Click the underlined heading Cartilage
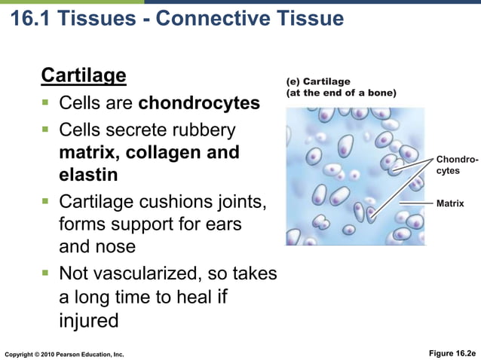coord(83,76)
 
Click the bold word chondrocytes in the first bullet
coord(200,102)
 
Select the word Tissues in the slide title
coord(105,17)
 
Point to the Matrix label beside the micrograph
coord(450,203)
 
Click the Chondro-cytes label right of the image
coord(456,166)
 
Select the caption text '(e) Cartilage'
coord(317,81)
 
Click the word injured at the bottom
coord(89,320)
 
